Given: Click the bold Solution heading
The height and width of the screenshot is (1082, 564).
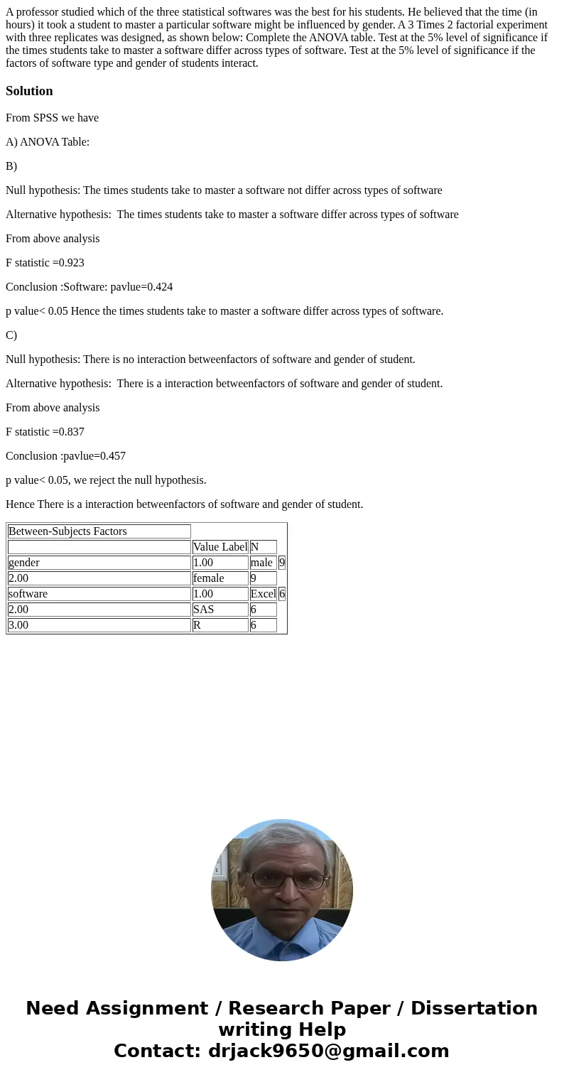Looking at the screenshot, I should tap(29, 91).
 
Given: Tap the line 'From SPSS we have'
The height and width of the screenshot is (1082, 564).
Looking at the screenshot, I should tap(52, 118).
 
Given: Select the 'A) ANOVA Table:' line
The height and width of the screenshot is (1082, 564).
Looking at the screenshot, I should tap(48, 142).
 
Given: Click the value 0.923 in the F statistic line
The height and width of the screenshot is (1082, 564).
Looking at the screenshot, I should tap(71, 263).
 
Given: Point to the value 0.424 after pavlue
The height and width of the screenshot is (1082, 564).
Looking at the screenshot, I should tap(160, 287).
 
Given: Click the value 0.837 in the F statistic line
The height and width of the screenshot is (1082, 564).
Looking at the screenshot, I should tap(71, 432).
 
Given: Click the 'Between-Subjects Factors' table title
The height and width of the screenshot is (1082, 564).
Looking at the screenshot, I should tap(67, 531).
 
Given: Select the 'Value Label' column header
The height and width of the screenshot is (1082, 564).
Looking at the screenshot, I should tap(220, 547).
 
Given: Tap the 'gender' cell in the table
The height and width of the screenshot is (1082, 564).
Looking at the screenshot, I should tap(24, 563).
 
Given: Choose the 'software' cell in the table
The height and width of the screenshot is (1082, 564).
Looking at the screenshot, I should tap(28, 594).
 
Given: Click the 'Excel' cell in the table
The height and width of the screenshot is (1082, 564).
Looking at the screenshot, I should tap(263, 594).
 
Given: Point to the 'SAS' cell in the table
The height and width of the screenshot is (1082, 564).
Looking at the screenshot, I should tap(204, 610).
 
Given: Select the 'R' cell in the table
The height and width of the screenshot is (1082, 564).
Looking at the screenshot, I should tap(197, 625).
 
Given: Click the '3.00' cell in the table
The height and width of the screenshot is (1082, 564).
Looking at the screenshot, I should tap(18, 625).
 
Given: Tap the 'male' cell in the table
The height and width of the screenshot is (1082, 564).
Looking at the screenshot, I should tap(261, 563).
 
